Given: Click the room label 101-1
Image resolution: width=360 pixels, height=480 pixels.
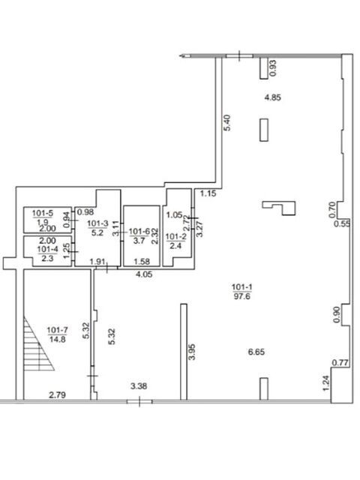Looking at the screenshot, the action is pyautogui.click(x=241, y=287).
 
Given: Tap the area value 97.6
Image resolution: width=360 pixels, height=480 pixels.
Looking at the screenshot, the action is pyautogui.click(x=242, y=296).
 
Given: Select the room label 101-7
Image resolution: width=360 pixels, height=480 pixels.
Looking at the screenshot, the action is pyautogui.click(x=58, y=330).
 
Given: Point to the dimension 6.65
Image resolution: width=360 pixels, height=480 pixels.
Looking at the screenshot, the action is pyautogui.click(x=256, y=352).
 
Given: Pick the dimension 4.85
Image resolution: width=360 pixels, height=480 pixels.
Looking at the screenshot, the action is pyautogui.click(x=272, y=97).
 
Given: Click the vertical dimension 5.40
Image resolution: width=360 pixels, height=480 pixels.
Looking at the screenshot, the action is pyautogui.click(x=227, y=123).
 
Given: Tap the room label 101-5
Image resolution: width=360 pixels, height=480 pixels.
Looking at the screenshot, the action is pyautogui.click(x=43, y=213).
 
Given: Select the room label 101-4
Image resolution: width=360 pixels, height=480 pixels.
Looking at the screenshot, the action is pyautogui.click(x=47, y=249).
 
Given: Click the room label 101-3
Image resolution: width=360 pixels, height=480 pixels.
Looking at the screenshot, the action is pyautogui.click(x=97, y=223).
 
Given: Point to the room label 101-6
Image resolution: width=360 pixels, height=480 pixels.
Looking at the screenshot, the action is pyautogui.click(x=139, y=232).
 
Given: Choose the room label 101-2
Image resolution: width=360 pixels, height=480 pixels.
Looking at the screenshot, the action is pyautogui.click(x=175, y=236).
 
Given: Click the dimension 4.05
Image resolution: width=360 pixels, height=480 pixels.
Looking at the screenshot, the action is pyautogui.click(x=144, y=274).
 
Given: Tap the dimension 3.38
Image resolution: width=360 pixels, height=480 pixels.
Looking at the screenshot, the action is pyautogui.click(x=139, y=386).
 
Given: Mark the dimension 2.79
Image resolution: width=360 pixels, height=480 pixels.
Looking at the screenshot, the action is pyautogui.click(x=58, y=395).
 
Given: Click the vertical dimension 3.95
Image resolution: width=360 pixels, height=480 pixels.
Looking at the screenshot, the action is pyautogui.click(x=192, y=352).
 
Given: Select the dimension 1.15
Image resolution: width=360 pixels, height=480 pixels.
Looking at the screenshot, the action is pyautogui.click(x=208, y=193).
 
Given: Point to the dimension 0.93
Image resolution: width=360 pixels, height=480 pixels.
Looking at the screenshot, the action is pyautogui.click(x=273, y=68).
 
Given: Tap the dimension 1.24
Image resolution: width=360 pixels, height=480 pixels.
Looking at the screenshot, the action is pyautogui.click(x=325, y=383).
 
